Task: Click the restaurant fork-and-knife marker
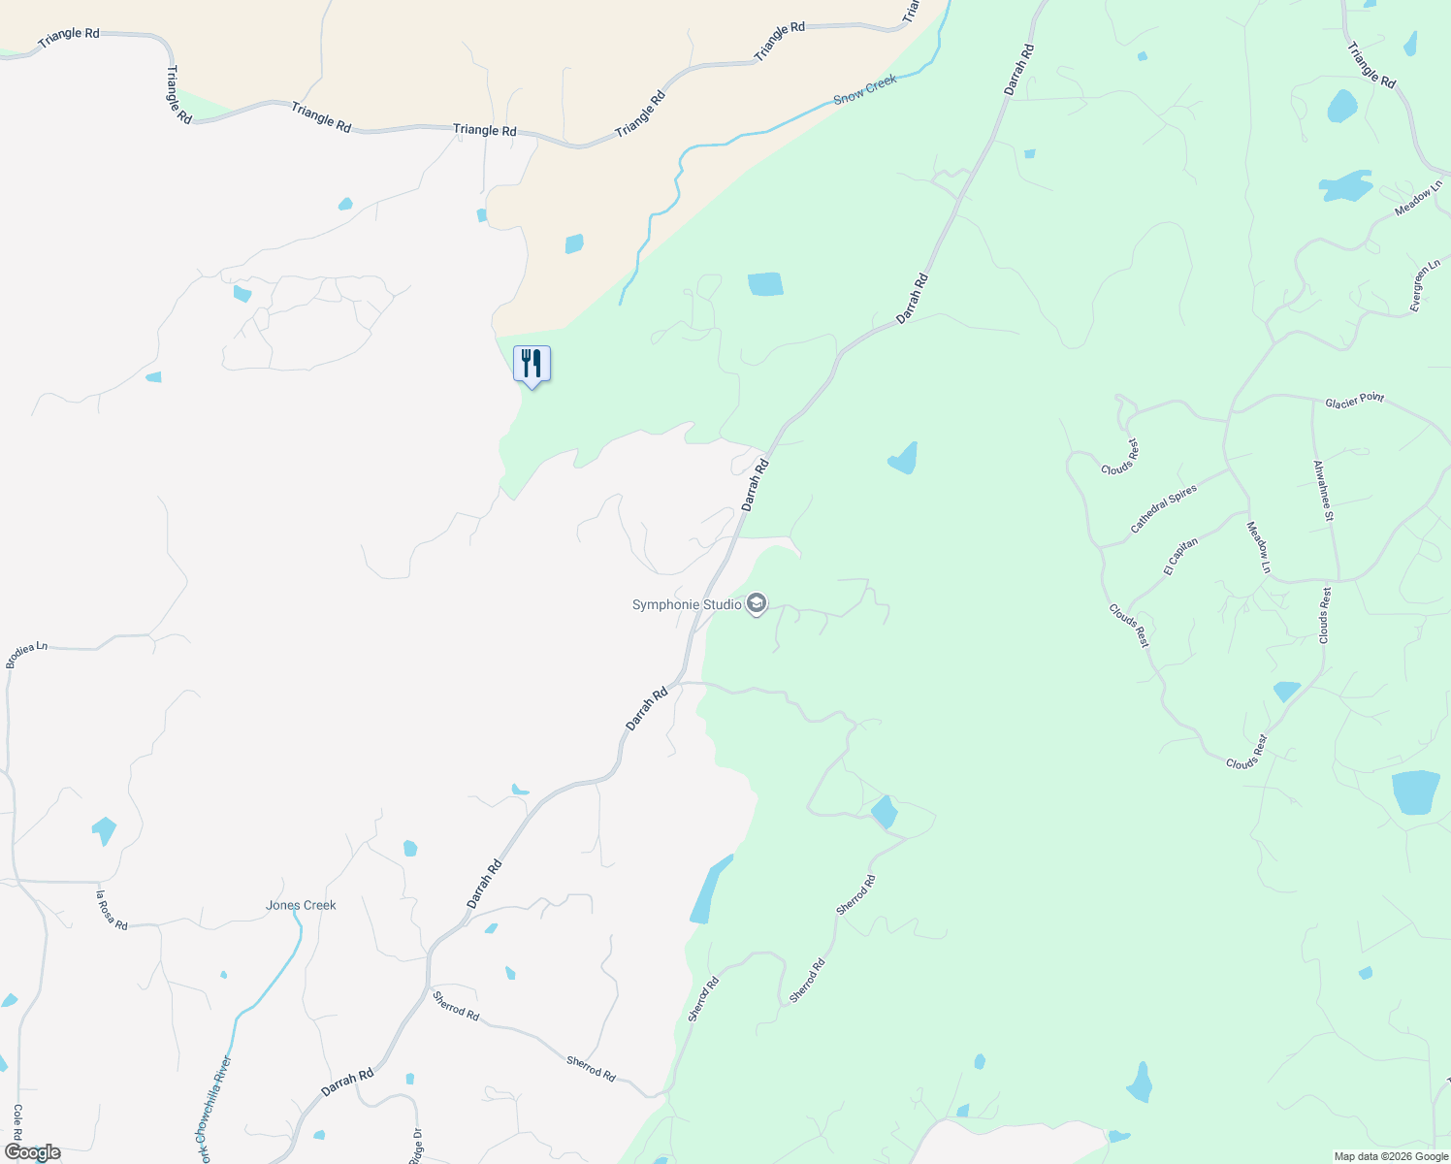pyautogui.click(x=532, y=365)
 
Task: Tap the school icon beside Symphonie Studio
pyautogui.click(x=757, y=605)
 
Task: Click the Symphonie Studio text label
pyautogui.click(x=686, y=605)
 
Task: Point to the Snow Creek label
pyautogui.click(x=865, y=90)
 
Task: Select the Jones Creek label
pyautogui.click(x=301, y=905)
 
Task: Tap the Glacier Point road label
pyautogui.click(x=1355, y=400)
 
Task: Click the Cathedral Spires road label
pyautogui.click(x=1164, y=509)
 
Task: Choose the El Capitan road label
pyautogui.click(x=1181, y=557)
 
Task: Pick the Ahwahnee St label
pyautogui.click(x=1323, y=491)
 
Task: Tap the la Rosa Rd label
pyautogui.click(x=112, y=911)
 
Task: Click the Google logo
pyautogui.click(x=32, y=1152)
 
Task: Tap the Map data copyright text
pyautogui.click(x=1391, y=1156)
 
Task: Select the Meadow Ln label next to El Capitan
pyautogui.click(x=1258, y=547)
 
